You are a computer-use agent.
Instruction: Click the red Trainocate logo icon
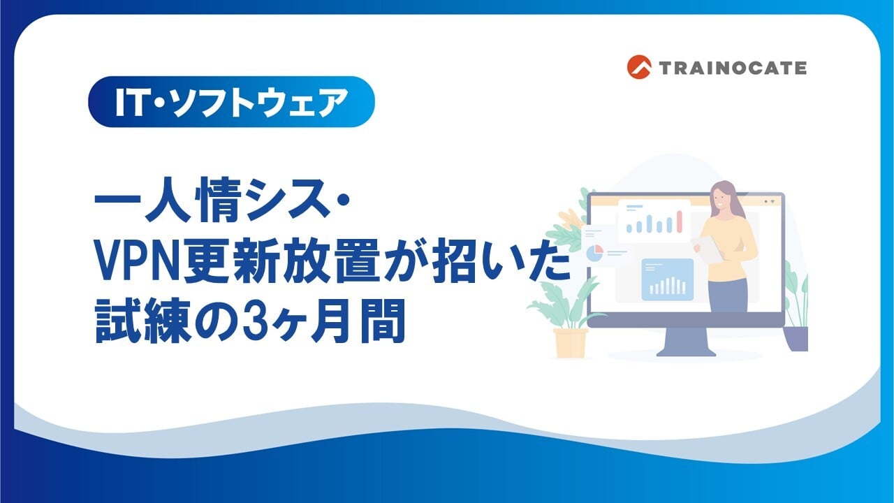point(639,67)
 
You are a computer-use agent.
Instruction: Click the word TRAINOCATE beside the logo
point(733,68)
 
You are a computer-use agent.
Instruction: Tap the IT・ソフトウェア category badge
point(231,102)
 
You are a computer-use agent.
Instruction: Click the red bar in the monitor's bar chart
point(680,221)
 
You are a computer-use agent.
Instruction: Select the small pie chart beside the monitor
point(594,254)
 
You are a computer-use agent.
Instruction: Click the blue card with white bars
point(667,279)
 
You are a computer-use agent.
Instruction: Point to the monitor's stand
point(686,342)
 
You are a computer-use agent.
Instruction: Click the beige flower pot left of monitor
point(571,343)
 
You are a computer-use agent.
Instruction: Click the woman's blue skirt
point(727,296)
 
